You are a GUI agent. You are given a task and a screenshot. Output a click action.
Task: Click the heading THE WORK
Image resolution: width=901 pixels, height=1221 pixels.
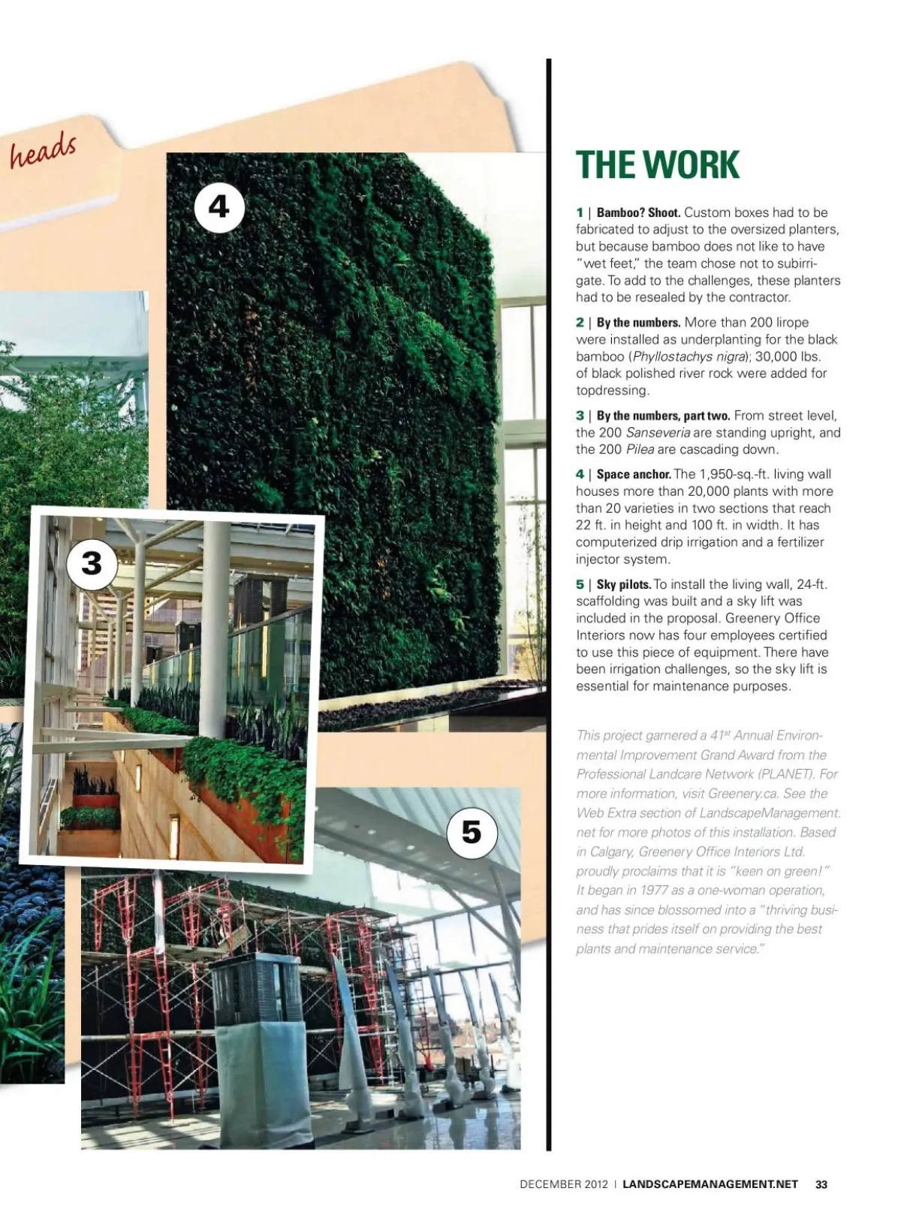pos(657,164)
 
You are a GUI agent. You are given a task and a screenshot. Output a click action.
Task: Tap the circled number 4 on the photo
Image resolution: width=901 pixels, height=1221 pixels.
pos(219,207)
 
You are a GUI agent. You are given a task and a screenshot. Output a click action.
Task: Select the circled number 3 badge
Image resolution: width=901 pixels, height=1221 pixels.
pos(92,564)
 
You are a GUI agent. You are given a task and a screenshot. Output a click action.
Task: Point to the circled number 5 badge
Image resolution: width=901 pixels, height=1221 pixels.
pos(471,832)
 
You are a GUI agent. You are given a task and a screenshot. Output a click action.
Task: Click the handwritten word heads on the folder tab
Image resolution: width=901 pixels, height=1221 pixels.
pos(43,151)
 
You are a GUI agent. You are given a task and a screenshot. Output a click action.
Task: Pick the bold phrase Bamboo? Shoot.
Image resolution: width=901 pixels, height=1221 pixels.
pos(638,213)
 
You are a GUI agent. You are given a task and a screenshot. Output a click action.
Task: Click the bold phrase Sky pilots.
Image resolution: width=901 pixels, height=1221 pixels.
pos(624,584)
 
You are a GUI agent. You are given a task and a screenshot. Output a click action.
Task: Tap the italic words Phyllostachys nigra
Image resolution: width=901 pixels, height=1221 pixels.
pos(690,357)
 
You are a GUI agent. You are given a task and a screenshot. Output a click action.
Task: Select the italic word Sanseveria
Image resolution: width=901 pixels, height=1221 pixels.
pos(658,433)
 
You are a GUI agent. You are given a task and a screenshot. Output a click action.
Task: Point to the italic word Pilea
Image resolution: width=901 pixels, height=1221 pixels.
pos(640,450)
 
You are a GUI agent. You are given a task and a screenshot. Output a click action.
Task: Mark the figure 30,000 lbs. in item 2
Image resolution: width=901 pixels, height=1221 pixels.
pos(788,357)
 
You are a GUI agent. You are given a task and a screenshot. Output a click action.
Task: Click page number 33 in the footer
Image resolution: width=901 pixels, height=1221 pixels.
pos(821,1184)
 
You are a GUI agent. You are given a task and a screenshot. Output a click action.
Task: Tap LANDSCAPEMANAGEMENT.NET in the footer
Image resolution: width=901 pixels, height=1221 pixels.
pos(710,1184)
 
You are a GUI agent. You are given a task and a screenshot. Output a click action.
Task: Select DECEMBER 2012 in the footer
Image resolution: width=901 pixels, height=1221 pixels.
pos(564,1184)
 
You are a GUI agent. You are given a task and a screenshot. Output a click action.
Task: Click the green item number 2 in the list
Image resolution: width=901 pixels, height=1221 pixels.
pos(580,323)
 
